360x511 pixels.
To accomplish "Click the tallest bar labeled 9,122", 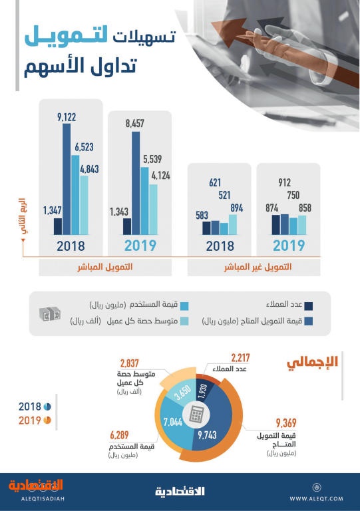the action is click(67, 179).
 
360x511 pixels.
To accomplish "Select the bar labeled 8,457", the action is click(136, 183).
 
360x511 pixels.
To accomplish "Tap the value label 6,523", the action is click(84, 147).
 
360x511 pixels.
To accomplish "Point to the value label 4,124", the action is click(161, 176).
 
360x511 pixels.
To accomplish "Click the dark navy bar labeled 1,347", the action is click(58, 226).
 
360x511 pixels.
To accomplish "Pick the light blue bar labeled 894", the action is click(233, 224).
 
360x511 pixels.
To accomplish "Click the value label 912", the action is click(284, 182).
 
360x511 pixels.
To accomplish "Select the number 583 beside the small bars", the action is click(202, 216).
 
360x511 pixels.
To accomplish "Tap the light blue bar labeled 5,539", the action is click(144, 201).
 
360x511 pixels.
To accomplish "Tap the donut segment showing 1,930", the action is click(204, 391).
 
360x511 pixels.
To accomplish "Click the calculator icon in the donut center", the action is click(196, 415).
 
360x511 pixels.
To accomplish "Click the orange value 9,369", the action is click(286, 423).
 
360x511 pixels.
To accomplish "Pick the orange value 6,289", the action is click(119, 435).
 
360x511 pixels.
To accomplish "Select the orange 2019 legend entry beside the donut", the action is click(35, 421).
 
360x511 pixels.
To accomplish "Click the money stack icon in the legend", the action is click(49, 314).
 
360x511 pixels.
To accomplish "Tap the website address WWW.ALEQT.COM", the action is click(316, 498).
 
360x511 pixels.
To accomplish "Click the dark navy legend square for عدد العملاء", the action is click(308, 306).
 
